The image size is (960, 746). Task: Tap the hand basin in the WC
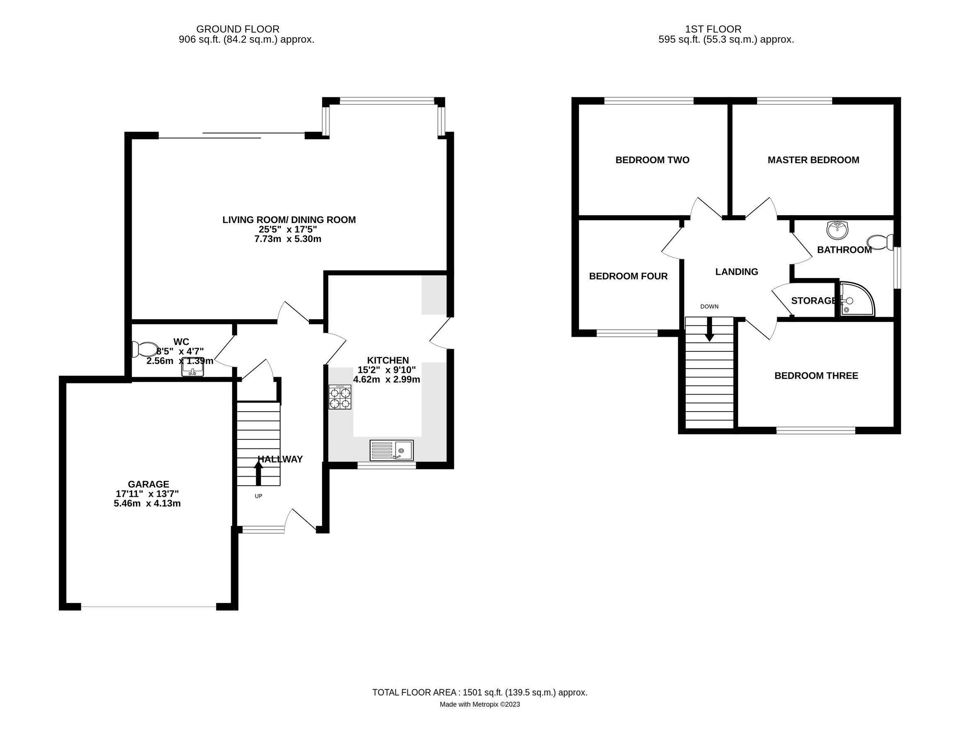coord(192,370)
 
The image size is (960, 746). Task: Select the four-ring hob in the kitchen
coord(340,397)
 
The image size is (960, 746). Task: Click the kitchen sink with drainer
coord(392,450)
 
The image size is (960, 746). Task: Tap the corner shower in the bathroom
coord(856,300)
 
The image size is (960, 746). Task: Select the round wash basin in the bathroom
coord(837,230)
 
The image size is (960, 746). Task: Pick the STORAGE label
coord(813,301)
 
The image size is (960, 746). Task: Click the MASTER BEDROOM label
coord(813,160)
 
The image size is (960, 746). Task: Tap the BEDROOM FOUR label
coord(628,276)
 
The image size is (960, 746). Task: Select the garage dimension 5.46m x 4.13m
coord(147,504)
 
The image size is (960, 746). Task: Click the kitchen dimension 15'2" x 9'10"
coord(387,370)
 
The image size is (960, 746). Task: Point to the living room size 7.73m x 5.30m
coord(288,239)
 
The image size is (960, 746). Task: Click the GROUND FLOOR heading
coord(238,29)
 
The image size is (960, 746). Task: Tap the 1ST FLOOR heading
coord(713,29)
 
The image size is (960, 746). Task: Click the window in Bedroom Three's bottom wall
coord(815,430)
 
